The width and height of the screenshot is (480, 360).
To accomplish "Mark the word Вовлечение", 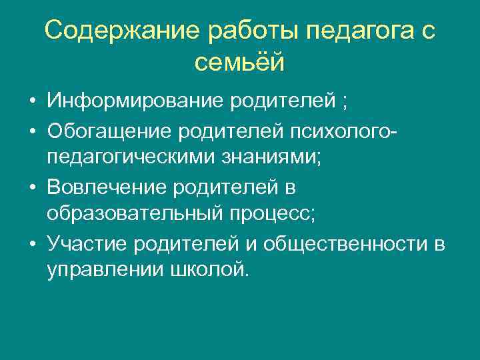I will (x=109, y=187).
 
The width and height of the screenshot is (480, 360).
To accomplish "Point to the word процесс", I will (x=267, y=215).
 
